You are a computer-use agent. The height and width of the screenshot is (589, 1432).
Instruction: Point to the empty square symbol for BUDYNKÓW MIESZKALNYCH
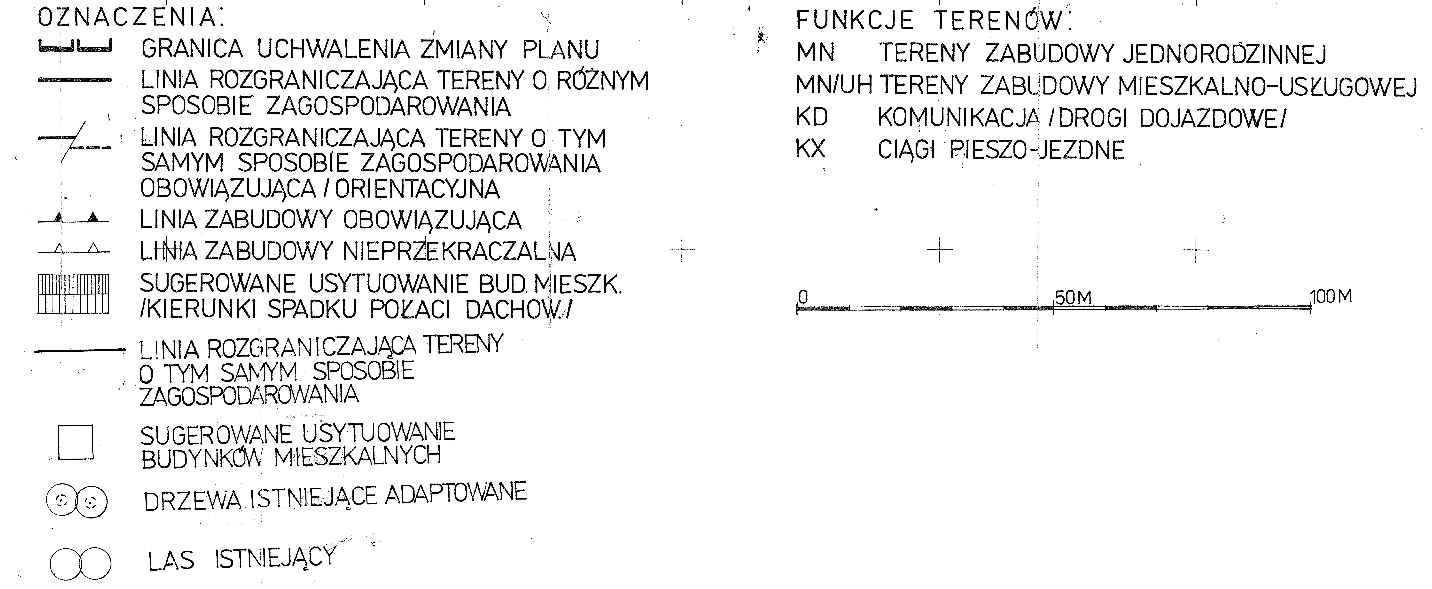(x=76, y=442)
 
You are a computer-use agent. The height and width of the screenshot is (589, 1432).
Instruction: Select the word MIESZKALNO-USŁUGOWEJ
(x=1268, y=86)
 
